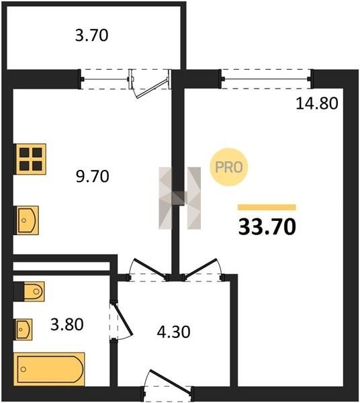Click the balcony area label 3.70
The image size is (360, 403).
click(x=91, y=36)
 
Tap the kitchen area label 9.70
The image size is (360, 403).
click(x=93, y=177)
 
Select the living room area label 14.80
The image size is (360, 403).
click(x=317, y=103)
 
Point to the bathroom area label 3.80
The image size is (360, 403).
click(x=66, y=324)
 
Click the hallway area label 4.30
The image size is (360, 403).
click(x=173, y=332)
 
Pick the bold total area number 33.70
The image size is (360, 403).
click(x=267, y=227)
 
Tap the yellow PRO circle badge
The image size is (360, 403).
click(x=228, y=167)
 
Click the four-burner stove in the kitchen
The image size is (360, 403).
click(x=31, y=159)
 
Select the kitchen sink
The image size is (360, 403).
click(x=28, y=220)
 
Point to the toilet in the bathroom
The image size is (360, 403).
click(x=34, y=292)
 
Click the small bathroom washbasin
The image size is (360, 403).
click(x=24, y=329)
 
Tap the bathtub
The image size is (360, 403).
click(x=49, y=369)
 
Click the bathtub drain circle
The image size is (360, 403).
click(x=24, y=369)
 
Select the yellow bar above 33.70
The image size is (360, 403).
click(x=267, y=208)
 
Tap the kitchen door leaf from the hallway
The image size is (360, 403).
click(x=150, y=268)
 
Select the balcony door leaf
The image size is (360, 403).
click(x=152, y=89)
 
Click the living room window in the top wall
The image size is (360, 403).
click(x=266, y=79)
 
